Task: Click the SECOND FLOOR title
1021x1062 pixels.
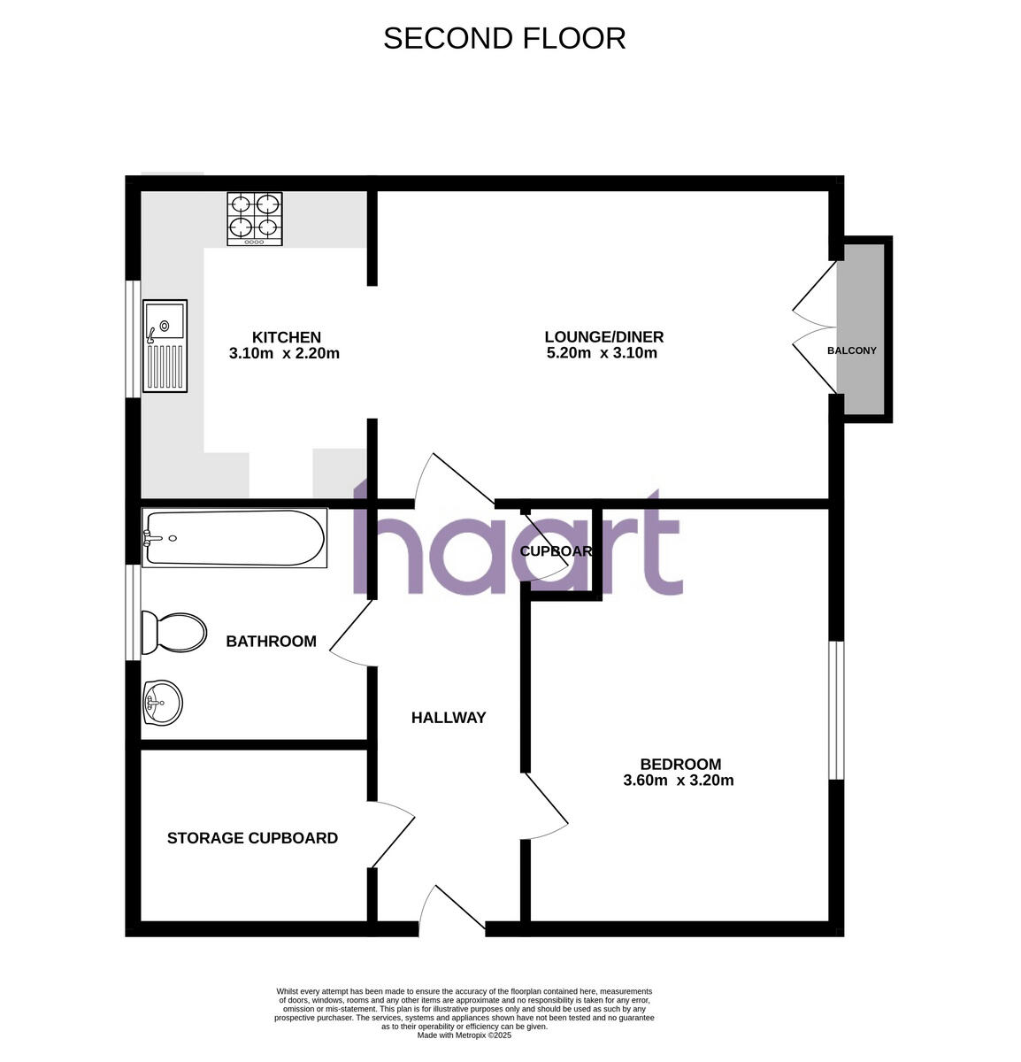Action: (504, 38)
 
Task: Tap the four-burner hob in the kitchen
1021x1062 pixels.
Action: (255, 219)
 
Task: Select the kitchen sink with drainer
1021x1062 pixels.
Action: (165, 346)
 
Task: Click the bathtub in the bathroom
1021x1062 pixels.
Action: (234, 537)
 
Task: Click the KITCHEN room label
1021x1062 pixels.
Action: (287, 337)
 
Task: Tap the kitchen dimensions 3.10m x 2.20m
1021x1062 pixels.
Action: (284, 354)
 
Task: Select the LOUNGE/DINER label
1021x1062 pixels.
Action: (603, 337)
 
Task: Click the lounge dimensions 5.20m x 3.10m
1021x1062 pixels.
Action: (602, 354)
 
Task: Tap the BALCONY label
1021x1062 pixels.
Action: (851, 350)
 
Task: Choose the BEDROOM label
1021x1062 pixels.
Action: (680, 765)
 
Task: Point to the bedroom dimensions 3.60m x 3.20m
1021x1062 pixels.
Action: (679, 781)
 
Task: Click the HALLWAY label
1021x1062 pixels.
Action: (449, 718)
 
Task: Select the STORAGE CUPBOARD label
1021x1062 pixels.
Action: (252, 838)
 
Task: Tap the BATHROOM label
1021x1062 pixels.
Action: (271, 642)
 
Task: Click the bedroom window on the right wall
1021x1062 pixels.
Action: (836, 711)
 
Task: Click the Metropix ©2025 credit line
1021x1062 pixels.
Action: (464, 1035)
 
